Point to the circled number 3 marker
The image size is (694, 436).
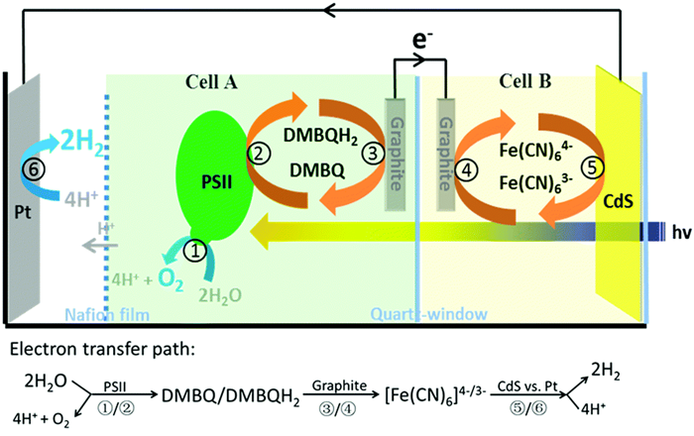click(x=370, y=152)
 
